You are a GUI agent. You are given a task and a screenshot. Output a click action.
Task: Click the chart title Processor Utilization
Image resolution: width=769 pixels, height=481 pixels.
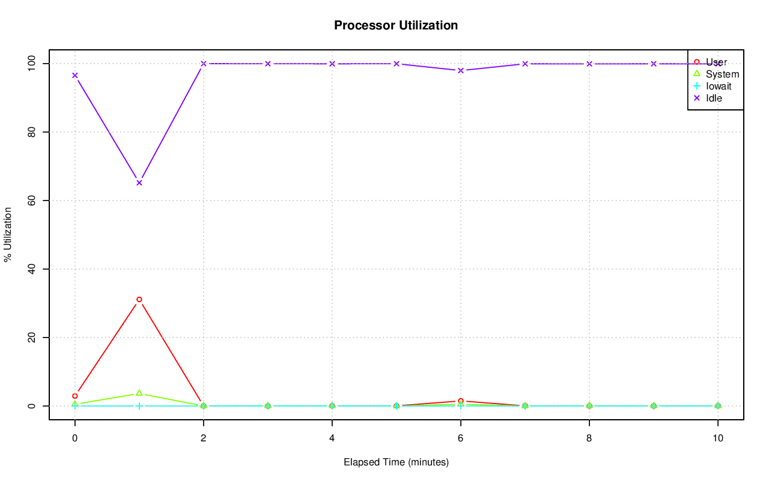tap(396, 26)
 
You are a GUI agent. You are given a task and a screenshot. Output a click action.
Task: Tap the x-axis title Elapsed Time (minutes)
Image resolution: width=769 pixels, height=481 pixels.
tap(396, 462)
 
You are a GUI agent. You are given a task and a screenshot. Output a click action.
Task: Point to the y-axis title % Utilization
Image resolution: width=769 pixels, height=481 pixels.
tap(8, 234)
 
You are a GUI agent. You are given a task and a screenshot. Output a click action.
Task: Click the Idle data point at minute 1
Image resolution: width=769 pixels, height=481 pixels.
tap(139, 183)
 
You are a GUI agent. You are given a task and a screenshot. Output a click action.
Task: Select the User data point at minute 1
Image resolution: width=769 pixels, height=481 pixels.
tap(139, 299)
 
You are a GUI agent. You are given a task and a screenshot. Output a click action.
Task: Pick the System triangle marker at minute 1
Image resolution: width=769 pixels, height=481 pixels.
tap(139, 393)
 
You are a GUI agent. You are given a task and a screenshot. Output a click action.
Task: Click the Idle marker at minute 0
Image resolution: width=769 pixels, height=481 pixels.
tap(75, 76)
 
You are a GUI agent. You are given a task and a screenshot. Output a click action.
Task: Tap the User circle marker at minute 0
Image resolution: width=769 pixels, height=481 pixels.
tap(75, 396)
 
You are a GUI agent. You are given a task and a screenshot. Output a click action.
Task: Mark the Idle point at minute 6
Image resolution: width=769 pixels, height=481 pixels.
tap(461, 70)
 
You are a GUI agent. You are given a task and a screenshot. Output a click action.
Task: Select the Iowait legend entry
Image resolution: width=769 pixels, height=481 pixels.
tap(719, 86)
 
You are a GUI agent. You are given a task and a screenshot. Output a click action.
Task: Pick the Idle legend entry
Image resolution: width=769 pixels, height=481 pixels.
tap(714, 98)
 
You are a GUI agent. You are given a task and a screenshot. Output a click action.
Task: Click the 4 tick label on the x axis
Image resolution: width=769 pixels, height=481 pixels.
tap(332, 438)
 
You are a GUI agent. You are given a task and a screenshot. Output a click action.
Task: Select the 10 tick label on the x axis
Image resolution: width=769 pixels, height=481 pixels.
tap(717, 438)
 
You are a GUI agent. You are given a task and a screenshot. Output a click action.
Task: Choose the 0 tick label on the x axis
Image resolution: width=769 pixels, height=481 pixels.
tap(75, 438)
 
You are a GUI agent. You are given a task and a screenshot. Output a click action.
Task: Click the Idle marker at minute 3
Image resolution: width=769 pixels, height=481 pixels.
tap(268, 64)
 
